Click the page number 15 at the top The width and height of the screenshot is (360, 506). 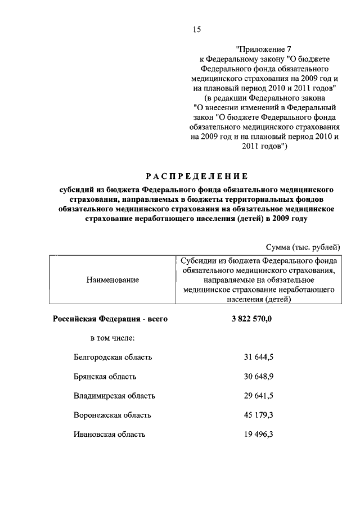coord(196,29)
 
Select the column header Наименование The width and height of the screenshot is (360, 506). coord(112,279)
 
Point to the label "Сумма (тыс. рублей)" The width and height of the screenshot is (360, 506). coord(303,247)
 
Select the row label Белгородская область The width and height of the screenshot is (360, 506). coord(112,357)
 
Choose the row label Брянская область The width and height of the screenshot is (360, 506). coord(105,376)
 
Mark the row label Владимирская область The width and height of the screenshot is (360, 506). coord(114,396)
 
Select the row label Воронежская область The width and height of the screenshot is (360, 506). coord(112,415)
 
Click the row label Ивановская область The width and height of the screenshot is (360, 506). coord(109,434)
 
